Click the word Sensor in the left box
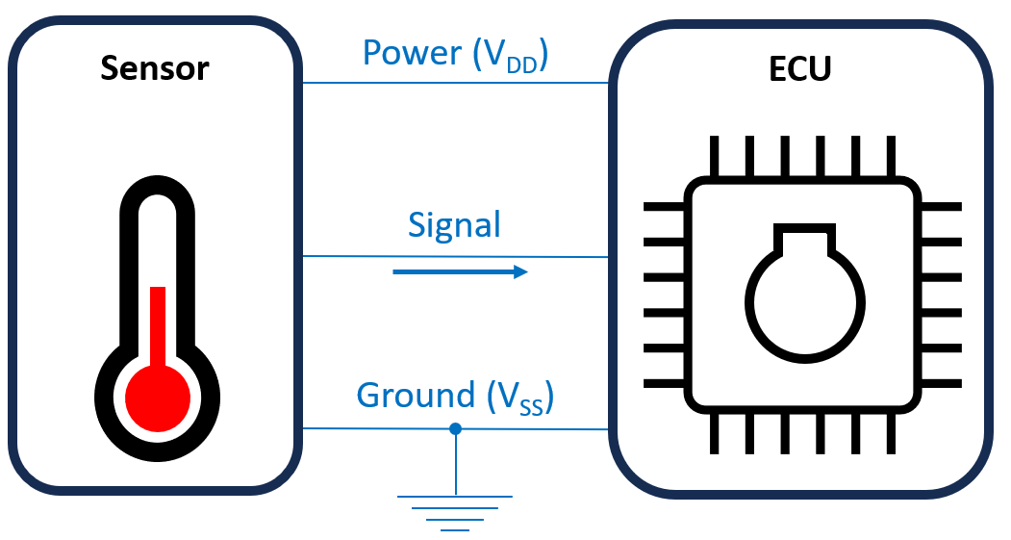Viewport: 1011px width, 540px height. (155, 69)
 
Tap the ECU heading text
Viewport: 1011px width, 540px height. (801, 69)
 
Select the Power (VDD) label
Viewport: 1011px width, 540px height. (455, 54)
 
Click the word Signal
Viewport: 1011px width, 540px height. (455, 225)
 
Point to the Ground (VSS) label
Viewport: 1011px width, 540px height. (455, 397)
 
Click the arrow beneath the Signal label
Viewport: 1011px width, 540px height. (461, 272)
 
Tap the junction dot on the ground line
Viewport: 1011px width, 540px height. (456, 428)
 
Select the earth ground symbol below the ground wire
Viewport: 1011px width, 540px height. (455, 511)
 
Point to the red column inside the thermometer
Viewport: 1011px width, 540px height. (158, 322)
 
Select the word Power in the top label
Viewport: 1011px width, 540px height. (412, 54)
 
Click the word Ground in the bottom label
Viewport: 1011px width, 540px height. (416, 397)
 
